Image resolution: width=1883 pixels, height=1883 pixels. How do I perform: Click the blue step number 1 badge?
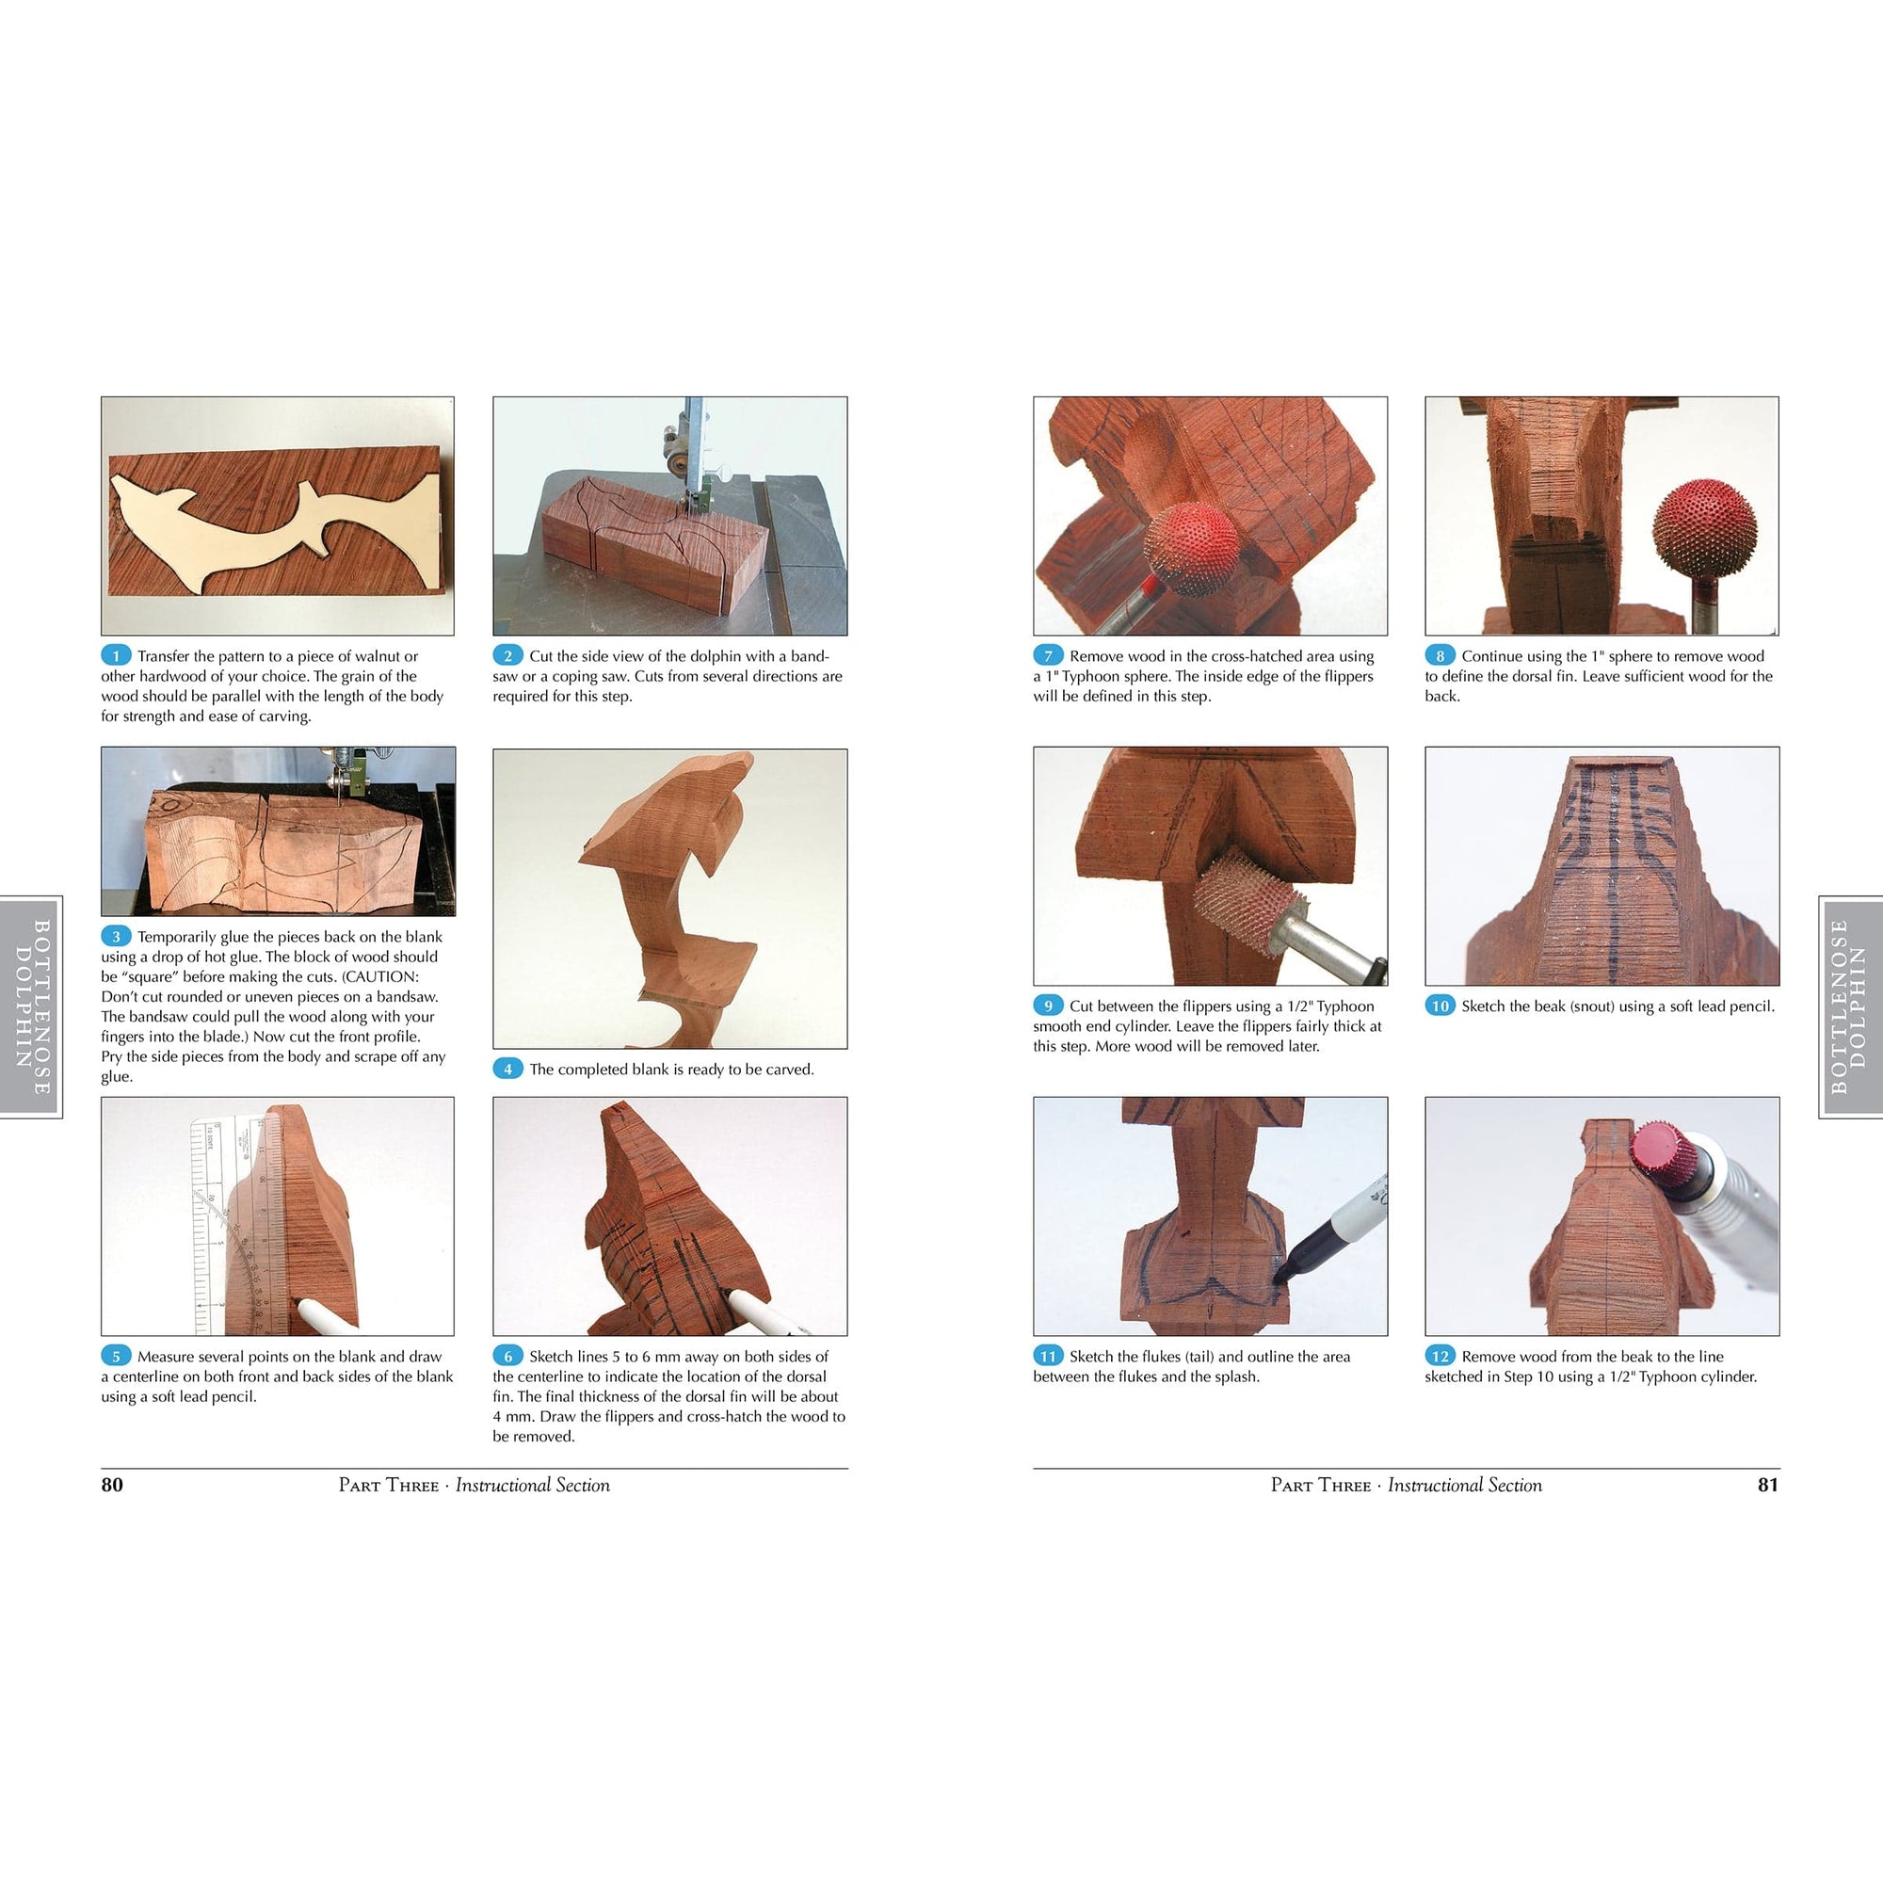[x=116, y=657]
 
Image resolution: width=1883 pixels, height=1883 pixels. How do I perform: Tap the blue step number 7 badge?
[x=1048, y=657]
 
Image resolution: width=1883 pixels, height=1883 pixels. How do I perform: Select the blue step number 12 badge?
[x=1440, y=1357]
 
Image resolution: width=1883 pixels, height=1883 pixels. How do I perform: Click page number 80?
[x=112, y=1485]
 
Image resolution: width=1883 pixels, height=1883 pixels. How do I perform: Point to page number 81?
[x=1768, y=1485]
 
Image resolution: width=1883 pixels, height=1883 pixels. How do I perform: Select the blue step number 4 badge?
[x=507, y=1070]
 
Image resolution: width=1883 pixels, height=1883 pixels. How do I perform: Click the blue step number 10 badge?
[x=1440, y=1006]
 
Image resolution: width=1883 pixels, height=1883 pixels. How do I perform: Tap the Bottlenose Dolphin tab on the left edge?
[x=31, y=1006]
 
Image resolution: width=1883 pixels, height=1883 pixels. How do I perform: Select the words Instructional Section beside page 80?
[x=532, y=1486]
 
